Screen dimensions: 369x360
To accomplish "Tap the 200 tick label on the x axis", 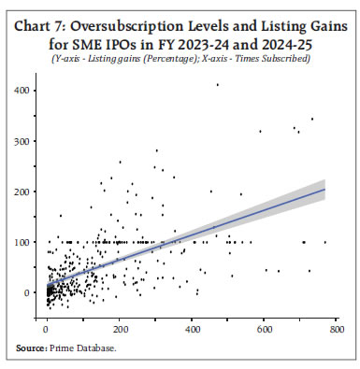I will click(x=119, y=329).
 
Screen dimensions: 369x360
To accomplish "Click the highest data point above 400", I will click(x=217, y=85).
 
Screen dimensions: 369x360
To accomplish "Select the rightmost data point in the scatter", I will click(x=324, y=242).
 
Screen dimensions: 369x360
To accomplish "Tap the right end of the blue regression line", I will click(x=324, y=190).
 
